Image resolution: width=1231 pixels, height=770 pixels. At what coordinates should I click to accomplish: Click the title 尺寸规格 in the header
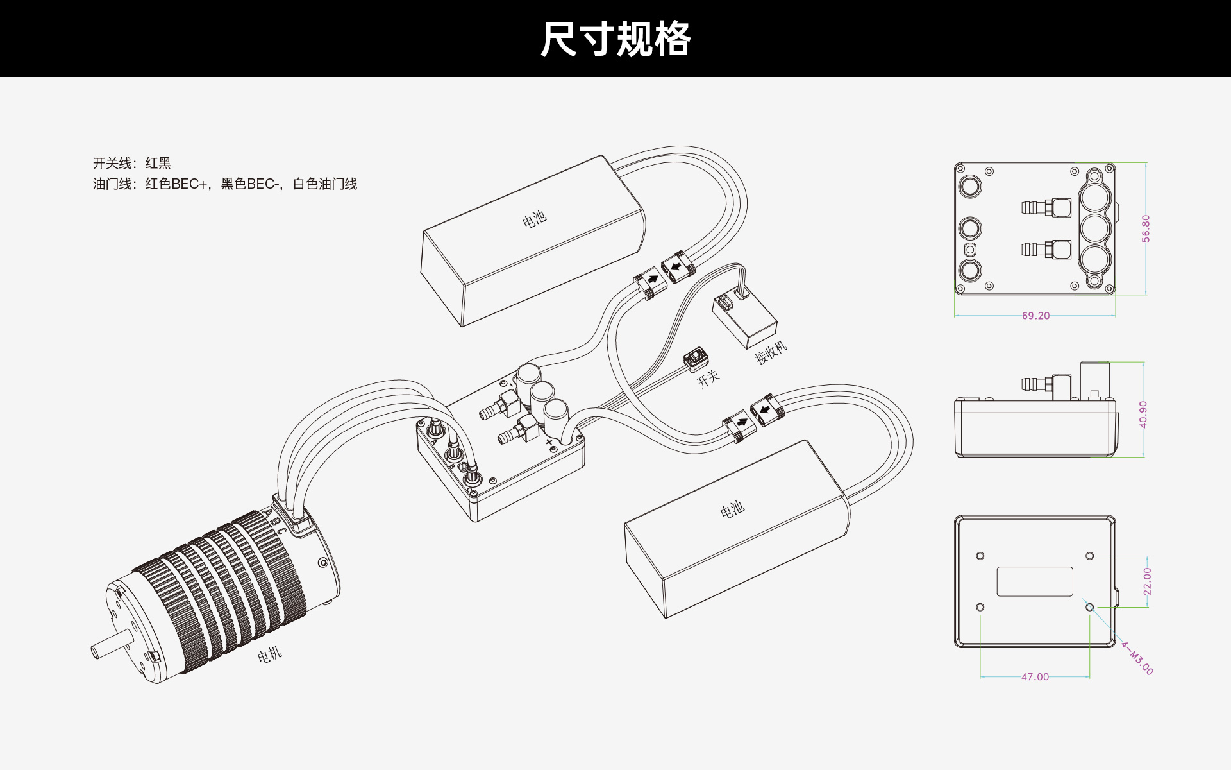(615, 39)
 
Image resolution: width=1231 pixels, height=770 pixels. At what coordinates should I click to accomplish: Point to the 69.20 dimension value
(1035, 316)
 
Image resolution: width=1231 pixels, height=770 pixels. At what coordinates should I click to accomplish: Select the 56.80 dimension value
(1146, 228)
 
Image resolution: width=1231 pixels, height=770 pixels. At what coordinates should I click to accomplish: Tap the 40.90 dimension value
(1143, 415)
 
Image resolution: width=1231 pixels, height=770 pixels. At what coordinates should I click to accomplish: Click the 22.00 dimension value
(1147, 581)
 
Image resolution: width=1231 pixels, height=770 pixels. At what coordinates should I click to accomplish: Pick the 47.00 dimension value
(1035, 677)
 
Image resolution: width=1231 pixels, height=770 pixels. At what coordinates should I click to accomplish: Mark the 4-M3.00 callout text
(1137, 658)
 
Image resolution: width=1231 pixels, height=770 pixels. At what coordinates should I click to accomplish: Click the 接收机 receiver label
(771, 352)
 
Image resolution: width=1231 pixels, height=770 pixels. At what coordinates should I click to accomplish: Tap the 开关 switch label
(708, 379)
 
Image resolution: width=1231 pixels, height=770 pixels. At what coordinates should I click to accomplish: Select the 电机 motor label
(269, 654)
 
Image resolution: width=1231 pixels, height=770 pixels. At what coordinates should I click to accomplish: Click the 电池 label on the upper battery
(534, 219)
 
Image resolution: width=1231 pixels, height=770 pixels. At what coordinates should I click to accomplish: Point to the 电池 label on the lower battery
(732, 510)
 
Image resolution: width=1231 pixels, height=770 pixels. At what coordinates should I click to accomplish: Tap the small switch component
(695, 359)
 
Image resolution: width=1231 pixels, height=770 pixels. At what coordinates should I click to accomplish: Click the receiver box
(744, 320)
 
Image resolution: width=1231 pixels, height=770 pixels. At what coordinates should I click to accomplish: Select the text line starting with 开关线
(132, 163)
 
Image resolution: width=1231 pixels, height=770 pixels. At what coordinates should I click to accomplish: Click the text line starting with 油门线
(225, 184)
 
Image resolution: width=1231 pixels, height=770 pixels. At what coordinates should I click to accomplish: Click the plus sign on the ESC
(549, 442)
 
